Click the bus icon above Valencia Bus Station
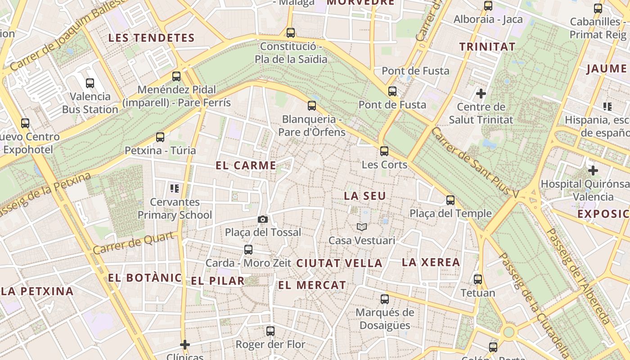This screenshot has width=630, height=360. tap(90, 83)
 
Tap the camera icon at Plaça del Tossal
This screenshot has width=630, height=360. tap(263, 219)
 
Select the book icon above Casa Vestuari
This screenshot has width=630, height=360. tap(362, 227)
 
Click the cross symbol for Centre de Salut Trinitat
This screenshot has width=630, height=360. tap(481, 94)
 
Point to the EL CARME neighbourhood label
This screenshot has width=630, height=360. tap(246, 165)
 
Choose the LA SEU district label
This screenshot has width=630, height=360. tap(365, 196)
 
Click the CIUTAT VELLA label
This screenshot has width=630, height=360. tap(339, 263)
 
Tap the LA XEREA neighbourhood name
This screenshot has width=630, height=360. tap(431, 262)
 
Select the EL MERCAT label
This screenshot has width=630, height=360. tap(312, 285)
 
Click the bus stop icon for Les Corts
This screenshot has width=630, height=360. tap(384, 151)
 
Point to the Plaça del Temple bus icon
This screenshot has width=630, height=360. tap(450, 200)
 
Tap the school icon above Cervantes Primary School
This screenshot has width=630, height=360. tap(175, 188)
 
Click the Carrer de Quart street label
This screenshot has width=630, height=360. tap(134, 243)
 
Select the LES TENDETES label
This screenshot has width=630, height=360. tap(151, 38)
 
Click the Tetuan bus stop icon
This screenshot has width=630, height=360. tap(478, 279)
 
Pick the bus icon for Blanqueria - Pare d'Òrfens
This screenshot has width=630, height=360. tap(312, 106)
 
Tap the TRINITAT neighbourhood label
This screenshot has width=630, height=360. tap(487, 46)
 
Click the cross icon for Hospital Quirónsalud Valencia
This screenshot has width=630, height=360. tap(593, 171)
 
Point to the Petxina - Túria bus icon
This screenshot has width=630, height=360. tap(160, 137)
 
